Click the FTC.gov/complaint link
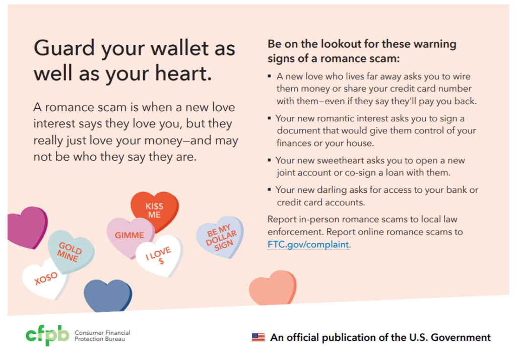308,245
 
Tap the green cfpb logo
47,335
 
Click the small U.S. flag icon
259,337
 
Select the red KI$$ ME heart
155,210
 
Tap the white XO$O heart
45,279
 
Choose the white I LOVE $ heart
160,255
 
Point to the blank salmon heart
273,287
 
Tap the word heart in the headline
183,73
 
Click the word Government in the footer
461,337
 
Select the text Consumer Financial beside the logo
102,333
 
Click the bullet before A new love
269,76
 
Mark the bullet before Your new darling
269,190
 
